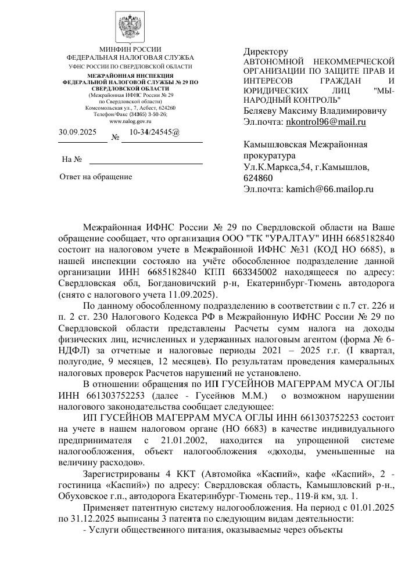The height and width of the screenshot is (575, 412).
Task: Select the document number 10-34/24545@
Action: click(155, 132)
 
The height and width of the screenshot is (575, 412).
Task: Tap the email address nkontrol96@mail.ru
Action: click(326, 122)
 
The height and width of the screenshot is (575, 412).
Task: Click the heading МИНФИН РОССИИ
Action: click(130, 49)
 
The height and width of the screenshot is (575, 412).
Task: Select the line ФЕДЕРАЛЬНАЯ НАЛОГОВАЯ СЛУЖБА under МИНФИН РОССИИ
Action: click(130, 58)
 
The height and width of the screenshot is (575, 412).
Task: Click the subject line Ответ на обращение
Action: click(96, 176)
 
